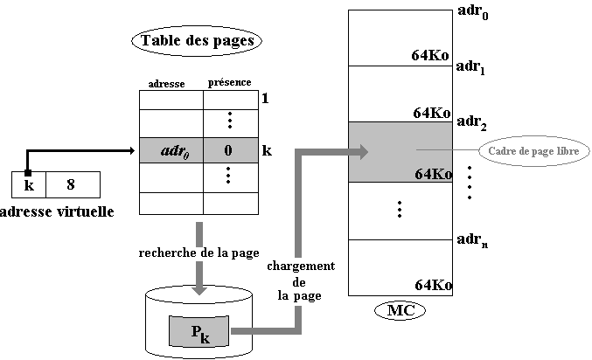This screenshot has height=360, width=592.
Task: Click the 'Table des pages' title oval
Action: tap(197, 39)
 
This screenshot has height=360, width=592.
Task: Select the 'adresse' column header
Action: tap(167, 83)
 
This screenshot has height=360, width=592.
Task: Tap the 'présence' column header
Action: tap(229, 82)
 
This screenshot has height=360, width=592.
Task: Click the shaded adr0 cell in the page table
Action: tap(171, 150)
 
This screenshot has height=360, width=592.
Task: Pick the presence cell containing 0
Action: tap(228, 150)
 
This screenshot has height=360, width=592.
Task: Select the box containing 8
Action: tap(71, 184)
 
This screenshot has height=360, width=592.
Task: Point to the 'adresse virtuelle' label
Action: tap(58, 211)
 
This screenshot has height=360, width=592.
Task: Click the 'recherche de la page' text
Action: tap(198, 253)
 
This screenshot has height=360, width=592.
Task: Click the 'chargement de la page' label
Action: tap(300, 280)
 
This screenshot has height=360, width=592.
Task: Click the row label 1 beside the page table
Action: tap(265, 99)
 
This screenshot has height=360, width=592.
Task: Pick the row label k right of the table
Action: tap(267, 150)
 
